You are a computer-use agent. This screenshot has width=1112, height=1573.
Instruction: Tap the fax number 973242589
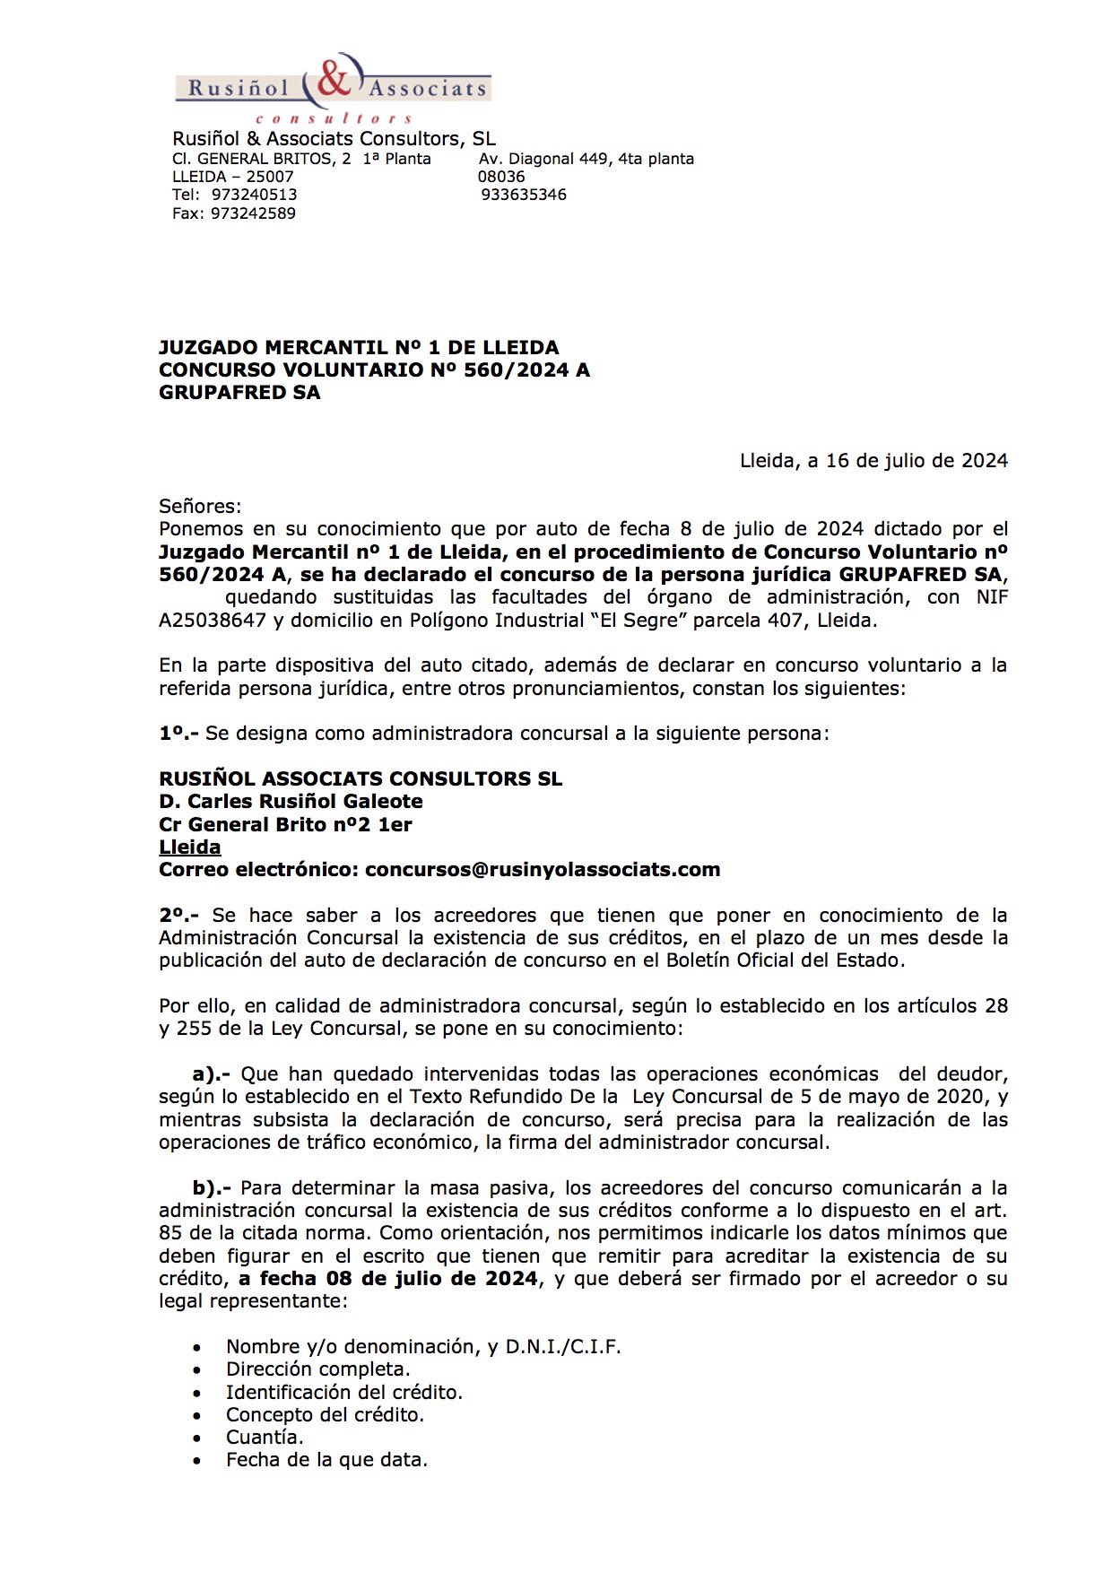tap(253, 213)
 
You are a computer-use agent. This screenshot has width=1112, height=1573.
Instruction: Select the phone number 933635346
tap(524, 195)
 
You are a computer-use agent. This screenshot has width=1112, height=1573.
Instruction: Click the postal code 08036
tap(501, 177)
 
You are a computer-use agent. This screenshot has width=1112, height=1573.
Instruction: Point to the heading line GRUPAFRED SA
tap(239, 393)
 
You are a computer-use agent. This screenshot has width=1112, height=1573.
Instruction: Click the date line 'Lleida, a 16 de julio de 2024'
tap(873, 461)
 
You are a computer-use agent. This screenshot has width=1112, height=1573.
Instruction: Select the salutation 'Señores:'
tap(200, 507)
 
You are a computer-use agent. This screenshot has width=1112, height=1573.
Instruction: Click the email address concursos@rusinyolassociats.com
tap(543, 870)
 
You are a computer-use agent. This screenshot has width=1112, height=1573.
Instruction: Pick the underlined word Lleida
tap(190, 847)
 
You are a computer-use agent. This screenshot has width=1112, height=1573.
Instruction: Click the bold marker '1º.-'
tap(178, 734)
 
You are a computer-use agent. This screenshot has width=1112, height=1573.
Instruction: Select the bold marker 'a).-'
tap(212, 1074)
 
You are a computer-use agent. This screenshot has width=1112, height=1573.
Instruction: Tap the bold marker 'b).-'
tap(212, 1188)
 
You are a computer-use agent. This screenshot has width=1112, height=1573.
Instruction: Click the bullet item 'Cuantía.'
tap(265, 1438)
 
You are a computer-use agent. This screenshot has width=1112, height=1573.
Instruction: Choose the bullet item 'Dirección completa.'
tap(317, 1369)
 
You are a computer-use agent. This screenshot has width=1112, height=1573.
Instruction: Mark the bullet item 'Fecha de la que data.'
tap(326, 1460)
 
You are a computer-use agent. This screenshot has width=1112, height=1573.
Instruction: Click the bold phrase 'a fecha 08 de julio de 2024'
tap(388, 1279)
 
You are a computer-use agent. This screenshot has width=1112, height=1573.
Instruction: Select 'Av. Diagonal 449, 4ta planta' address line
tap(586, 159)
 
